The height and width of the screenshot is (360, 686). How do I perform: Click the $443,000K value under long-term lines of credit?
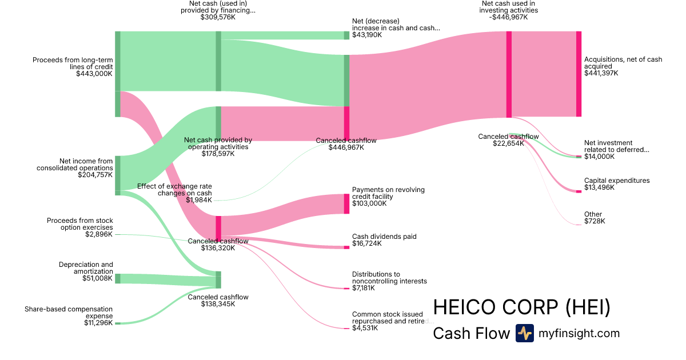(94, 74)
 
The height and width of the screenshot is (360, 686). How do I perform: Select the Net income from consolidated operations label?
(74, 165)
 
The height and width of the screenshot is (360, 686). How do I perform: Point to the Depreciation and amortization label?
(86, 268)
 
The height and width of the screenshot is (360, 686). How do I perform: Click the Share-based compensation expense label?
(69, 313)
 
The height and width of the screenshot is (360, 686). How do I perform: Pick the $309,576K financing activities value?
(218, 17)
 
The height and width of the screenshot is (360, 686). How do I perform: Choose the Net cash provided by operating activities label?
(218, 143)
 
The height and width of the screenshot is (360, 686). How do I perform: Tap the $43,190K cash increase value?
(368, 35)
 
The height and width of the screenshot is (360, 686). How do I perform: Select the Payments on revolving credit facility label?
(388, 193)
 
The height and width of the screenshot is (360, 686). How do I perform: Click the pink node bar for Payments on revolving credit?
(346, 203)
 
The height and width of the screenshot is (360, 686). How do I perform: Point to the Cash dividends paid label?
(384, 237)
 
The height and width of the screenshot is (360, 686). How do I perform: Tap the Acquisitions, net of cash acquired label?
(623, 63)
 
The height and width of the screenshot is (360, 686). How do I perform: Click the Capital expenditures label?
(617, 181)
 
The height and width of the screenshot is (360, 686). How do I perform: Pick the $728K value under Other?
(595, 221)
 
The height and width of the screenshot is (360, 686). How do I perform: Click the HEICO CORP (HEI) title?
(521, 308)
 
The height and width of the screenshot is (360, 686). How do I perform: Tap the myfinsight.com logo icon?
(524, 333)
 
